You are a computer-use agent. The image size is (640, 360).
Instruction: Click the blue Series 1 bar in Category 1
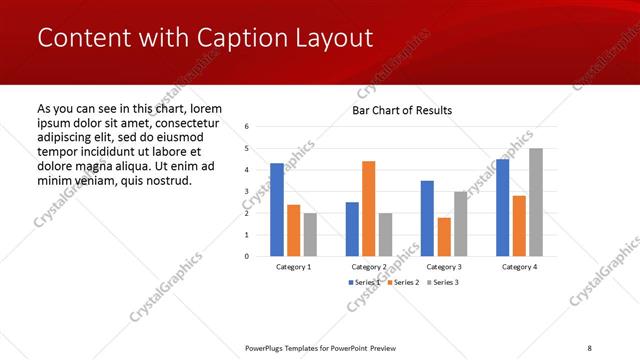[277, 209]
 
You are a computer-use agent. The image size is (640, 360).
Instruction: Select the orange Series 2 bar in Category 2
[369, 208]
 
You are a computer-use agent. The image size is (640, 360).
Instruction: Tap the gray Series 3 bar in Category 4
[536, 202]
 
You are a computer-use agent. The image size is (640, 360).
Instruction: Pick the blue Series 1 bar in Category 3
[427, 218]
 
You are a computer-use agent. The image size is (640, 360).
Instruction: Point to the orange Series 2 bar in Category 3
[444, 236]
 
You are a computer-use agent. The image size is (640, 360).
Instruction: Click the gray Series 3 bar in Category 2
[386, 234]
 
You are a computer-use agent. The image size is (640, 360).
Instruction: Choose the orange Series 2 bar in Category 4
[519, 225]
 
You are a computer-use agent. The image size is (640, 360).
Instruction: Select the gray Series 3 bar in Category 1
[310, 234]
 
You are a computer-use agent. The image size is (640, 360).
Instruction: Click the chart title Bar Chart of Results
[402, 110]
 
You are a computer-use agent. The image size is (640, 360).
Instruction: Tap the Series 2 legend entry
[402, 283]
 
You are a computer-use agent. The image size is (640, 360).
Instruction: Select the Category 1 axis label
[294, 267]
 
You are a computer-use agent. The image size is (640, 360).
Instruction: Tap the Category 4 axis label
[519, 267]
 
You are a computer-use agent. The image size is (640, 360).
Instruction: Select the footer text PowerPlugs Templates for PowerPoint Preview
[320, 347]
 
